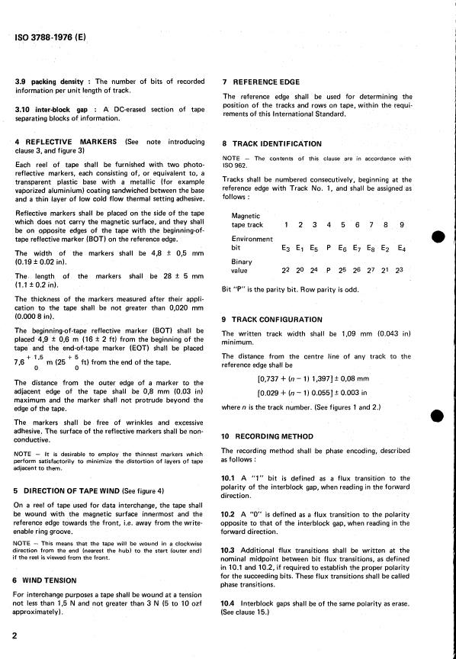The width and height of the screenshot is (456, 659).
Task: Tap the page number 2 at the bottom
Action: (15, 635)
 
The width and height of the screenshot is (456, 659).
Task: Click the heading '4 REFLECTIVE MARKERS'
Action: (66, 142)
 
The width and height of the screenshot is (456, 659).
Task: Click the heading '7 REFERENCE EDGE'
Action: (261, 82)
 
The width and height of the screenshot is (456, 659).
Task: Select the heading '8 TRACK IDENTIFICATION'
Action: (271, 143)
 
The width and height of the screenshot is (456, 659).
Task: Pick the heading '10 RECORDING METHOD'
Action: (268, 436)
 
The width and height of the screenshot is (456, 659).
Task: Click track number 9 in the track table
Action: (402, 224)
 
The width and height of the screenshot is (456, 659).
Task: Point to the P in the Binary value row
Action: (328, 270)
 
